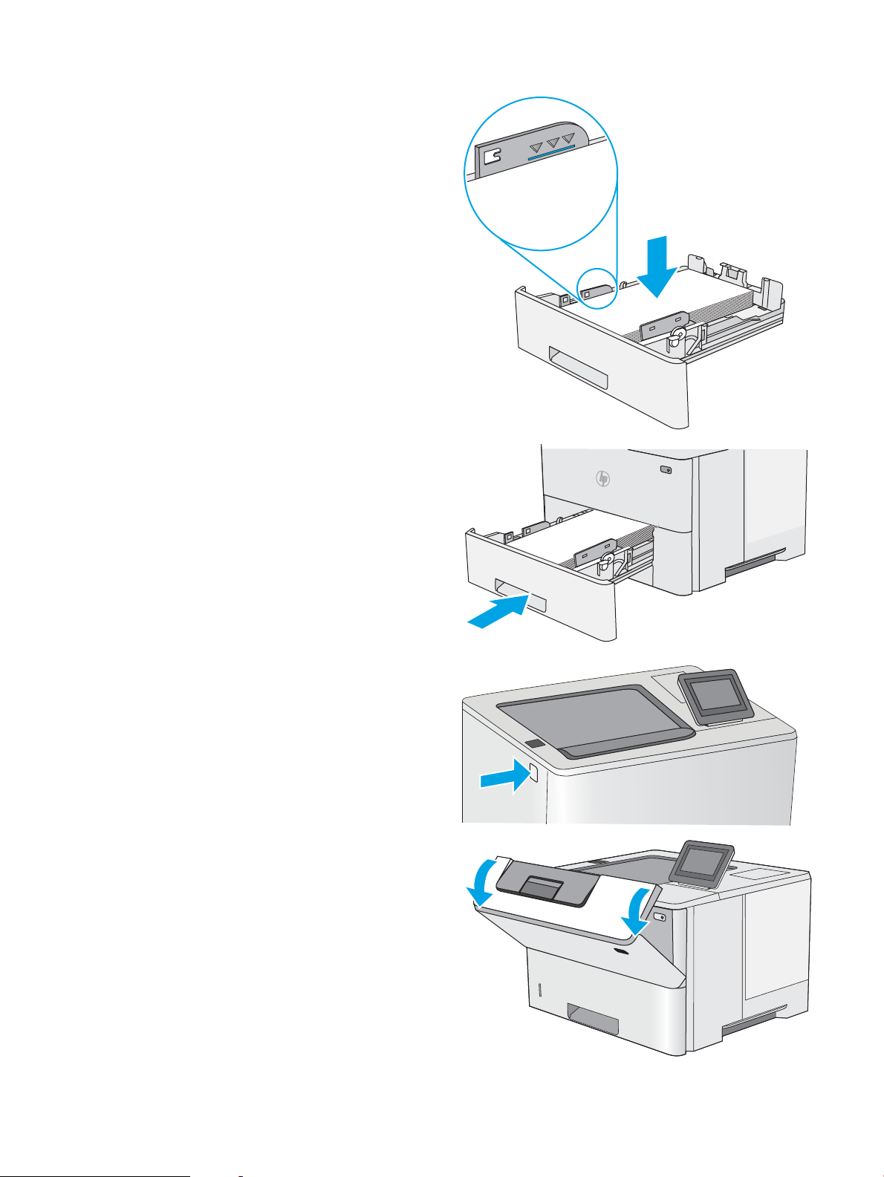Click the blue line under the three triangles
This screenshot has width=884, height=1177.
[x=550, y=153]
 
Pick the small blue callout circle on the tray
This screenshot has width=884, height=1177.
[x=597, y=286]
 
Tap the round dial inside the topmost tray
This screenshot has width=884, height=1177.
[x=677, y=338]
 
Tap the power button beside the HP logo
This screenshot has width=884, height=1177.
[x=665, y=470]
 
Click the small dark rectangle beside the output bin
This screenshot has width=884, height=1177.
[x=533, y=743]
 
